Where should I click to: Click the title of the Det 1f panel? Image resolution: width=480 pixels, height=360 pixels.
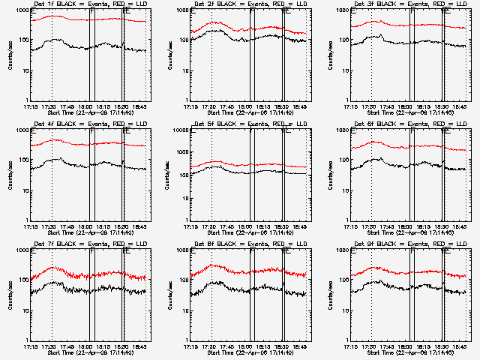point(89,4)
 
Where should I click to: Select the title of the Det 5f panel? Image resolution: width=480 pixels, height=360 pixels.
point(250,124)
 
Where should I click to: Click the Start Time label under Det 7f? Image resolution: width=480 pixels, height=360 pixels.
point(89,352)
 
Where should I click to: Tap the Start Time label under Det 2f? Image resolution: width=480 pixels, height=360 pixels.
point(250,112)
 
